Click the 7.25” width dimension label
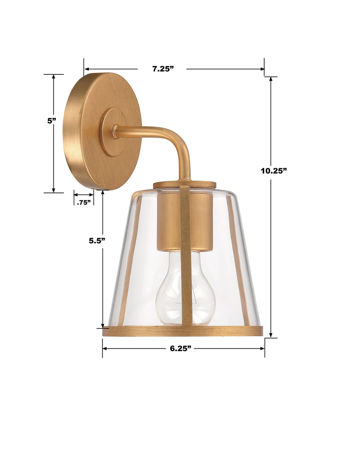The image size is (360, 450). [x=163, y=69]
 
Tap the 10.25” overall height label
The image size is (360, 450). [x=273, y=171]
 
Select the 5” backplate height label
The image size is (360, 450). [x=52, y=120]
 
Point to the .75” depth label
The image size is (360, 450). [x=84, y=202]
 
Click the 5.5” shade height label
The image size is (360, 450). [x=97, y=240]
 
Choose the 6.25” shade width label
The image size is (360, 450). [x=181, y=348]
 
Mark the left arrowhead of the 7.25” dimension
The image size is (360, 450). [x=87, y=69]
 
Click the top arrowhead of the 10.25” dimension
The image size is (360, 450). [x=271, y=80]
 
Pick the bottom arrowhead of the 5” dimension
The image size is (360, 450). [x=54, y=189]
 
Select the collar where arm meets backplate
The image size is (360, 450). [x=115, y=131]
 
